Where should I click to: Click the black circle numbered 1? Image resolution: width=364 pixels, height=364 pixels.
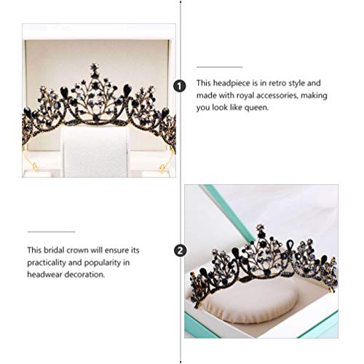click(x=181, y=87)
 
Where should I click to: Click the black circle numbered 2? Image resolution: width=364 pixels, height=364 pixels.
click(x=180, y=250)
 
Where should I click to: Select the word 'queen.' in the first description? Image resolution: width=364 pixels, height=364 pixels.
click(x=255, y=107)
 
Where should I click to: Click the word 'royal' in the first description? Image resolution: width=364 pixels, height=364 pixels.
click(x=247, y=95)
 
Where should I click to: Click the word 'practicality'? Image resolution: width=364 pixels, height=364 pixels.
click(x=50, y=262)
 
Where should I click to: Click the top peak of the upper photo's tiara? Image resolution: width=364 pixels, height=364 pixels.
click(x=94, y=68)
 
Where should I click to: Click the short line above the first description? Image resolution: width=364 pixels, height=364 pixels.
click(x=221, y=66)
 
